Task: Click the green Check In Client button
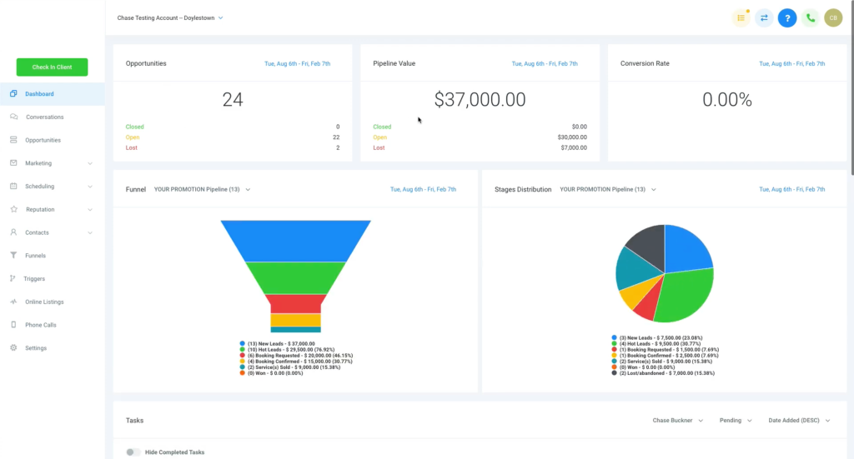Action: coord(52,67)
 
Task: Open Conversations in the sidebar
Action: coord(43,117)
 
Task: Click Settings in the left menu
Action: coord(35,348)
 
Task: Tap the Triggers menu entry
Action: coord(34,279)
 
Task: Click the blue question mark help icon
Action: coord(786,17)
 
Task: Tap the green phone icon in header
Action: coord(810,17)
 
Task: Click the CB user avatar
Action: coord(833,17)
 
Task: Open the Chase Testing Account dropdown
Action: coord(170,17)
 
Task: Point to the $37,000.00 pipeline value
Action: coord(480,100)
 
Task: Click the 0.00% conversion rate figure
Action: coord(726,100)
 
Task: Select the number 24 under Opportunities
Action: coord(233,100)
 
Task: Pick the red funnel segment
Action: coord(296,303)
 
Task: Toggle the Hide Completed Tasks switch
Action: coord(132,452)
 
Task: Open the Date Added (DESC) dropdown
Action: coord(799,421)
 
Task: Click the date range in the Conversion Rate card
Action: coord(791,63)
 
